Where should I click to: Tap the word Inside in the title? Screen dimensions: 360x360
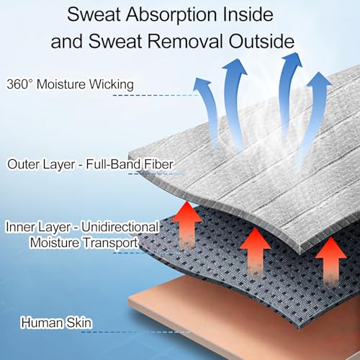pyautogui.click(x=248, y=14)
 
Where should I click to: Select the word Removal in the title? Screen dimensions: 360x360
pyautogui.click(x=185, y=41)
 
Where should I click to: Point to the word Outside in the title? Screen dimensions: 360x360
pyautogui.click(x=261, y=41)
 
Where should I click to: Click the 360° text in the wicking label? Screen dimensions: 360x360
pyautogui.click(x=19, y=84)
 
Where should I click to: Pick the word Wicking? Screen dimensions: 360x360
pyautogui.click(x=112, y=85)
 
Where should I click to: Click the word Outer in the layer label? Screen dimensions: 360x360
pyautogui.click(x=22, y=164)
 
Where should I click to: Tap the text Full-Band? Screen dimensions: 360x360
pyautogui.click(x=113, y=164)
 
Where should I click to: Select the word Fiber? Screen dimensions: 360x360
pyautogui.click(x=158, y=164)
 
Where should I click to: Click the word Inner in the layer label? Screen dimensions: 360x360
pyautogui.click(x=21, y=227)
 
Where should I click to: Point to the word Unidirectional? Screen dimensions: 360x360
pyautogui.click(x=120, y=227)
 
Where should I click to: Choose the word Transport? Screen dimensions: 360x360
pyautogui.click(x=111, y=243)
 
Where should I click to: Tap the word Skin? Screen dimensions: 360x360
pyautogui.click(x=79, y=323)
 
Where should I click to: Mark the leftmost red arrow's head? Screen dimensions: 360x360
pyautogui.click(x=187, y=211)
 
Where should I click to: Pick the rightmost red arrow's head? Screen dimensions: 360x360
pyautogui.click(x=331, y=248)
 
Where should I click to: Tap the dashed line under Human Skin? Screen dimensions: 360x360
pyautogui.click(x=136, y=332)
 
